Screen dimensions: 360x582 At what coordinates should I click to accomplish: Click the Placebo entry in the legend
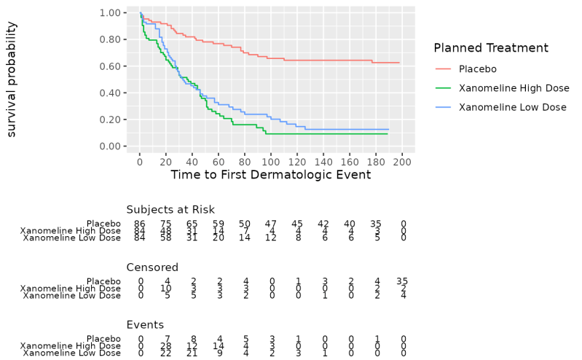point(477,69)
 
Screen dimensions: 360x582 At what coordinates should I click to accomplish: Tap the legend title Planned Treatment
point(490,48)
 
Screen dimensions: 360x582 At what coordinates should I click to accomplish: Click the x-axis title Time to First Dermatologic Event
point(270,175)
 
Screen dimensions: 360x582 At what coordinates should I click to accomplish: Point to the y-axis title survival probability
point(12,79)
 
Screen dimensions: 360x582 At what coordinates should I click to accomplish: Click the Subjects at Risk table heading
point(170,210)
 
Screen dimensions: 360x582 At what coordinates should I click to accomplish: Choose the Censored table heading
point(152,267)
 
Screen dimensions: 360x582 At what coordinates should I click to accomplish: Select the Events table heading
point(144,325)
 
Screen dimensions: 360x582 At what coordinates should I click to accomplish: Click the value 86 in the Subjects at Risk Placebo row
point(140,224)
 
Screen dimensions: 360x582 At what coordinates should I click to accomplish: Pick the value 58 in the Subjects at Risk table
point(166,238)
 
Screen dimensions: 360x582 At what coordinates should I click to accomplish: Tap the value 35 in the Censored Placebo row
point(402,281)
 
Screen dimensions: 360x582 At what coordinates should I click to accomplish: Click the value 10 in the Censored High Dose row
point(166,289)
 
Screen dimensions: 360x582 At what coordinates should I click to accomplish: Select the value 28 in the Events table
point(166,346)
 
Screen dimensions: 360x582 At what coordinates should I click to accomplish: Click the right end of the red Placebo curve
point(400,63)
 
